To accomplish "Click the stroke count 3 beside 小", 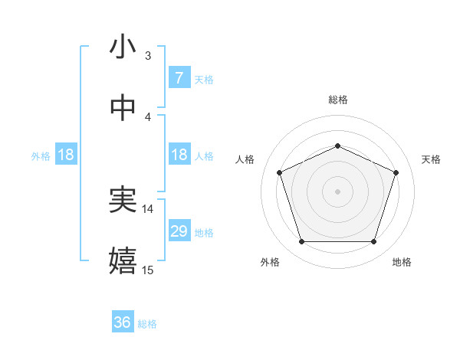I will click(148, 55).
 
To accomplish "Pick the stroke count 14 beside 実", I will click(148, 208).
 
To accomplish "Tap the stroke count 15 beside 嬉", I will click(148, 270).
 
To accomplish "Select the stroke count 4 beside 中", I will click(148, 116).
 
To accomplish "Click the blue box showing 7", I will click(179, 78).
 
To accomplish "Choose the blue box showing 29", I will click(179, 231).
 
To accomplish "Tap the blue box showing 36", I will click(123, 323).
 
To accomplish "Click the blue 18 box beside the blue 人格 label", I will click(179, 155).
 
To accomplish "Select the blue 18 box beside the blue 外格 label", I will click(66, 155).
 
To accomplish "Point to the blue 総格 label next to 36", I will click(147, 324).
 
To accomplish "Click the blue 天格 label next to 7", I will click(204, 79).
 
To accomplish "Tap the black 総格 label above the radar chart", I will click(337, 100).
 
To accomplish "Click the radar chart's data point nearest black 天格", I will click(396, 172).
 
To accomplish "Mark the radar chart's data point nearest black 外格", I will click(301, 242).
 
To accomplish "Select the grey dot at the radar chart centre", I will click(337, 191).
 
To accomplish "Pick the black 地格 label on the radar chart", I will click(402, 262).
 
